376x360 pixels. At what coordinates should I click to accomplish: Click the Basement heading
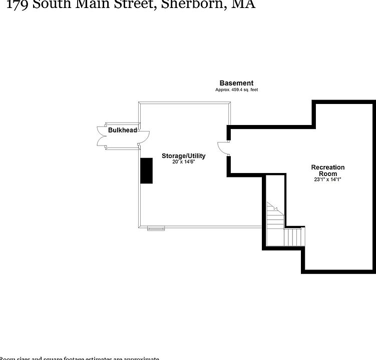236,83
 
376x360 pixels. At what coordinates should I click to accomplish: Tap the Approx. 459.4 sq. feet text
236,90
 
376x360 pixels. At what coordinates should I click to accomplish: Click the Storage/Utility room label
183,156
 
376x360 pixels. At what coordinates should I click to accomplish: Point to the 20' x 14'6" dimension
183,162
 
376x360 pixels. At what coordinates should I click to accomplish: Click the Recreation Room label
328,170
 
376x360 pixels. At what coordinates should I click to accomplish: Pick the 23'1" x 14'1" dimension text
328,179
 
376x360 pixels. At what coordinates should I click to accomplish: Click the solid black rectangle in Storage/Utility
146,170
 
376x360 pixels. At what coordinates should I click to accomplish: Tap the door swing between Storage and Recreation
223,148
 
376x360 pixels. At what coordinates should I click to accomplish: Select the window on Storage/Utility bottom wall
156,228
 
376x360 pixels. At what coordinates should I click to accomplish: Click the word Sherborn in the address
188,4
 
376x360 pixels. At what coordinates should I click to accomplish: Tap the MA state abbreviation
241,4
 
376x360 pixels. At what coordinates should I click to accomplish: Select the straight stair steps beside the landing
294,236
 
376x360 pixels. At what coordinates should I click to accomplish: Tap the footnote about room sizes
80,358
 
